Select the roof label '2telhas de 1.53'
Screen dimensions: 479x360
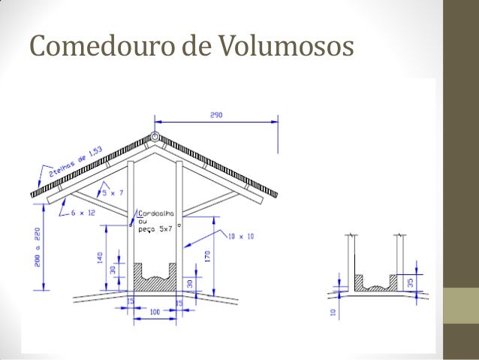tap(75, 162)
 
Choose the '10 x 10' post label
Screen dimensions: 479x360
tap(241, 236)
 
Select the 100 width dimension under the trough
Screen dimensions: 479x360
tap(155, 310)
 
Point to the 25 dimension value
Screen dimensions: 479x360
tap(130, 301)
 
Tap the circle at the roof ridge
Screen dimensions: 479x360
tap(155, 138)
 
